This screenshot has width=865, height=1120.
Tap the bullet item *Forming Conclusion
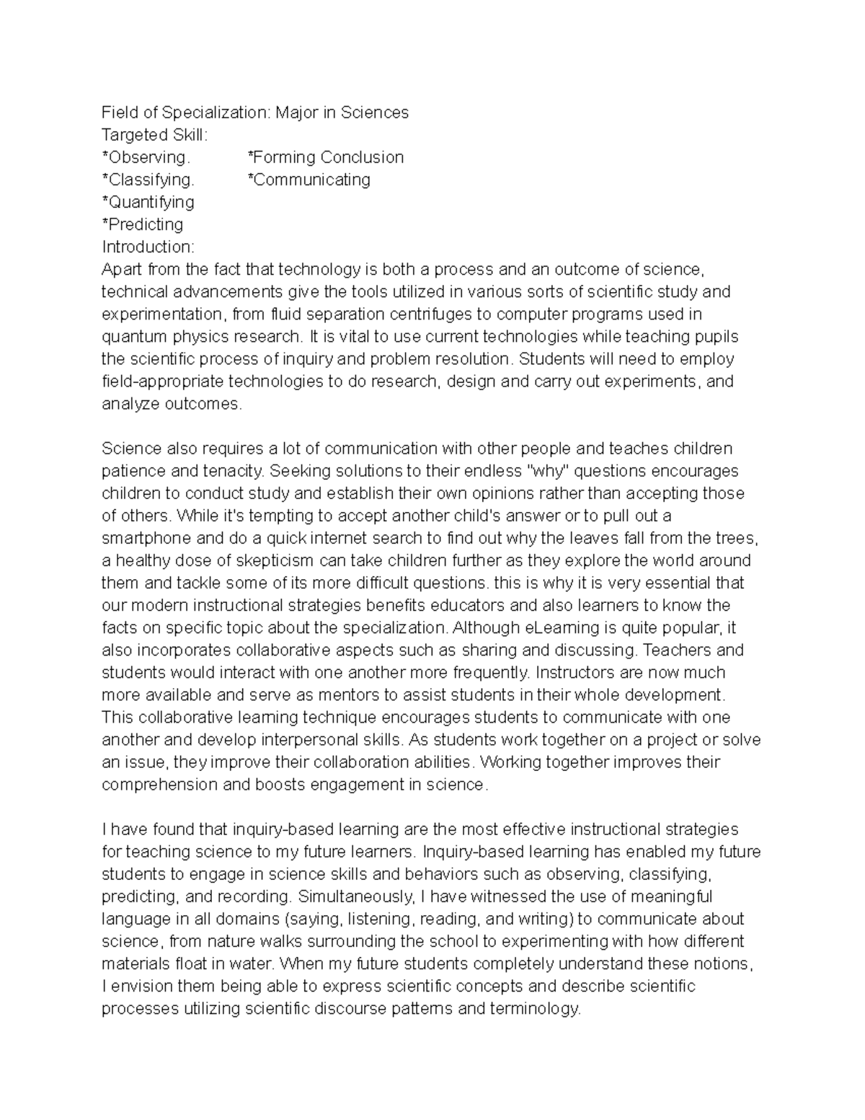325,157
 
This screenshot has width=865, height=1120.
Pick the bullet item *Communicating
309,180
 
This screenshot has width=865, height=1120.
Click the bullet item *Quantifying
148,202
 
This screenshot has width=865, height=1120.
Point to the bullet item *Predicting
143,224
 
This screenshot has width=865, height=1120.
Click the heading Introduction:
148,247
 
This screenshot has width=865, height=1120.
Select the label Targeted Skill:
154,135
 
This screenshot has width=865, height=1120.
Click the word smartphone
146,538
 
